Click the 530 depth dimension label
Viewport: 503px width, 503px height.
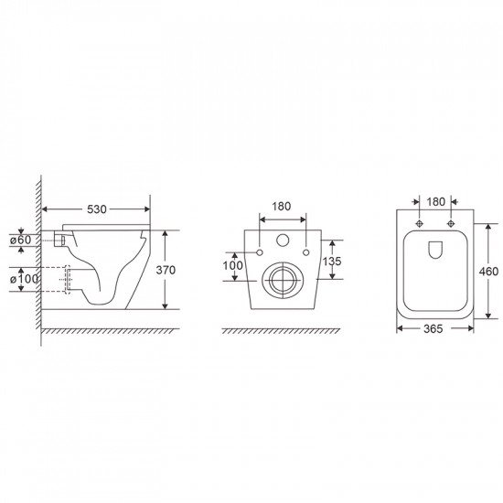coord(97,209)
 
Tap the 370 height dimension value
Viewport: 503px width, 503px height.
coord(166,270)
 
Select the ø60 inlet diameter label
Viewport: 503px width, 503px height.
coord(20,240)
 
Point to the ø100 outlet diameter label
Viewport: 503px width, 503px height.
coord(24,279)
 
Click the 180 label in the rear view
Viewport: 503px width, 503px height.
coord(282,207)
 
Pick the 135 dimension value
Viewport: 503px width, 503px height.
coord(332,262)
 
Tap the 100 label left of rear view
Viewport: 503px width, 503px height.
coord(233,265)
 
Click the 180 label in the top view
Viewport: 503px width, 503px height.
coord(436,202)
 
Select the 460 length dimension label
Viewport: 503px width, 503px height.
coord(488,272)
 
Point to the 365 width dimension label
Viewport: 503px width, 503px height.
coord(433,329)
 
